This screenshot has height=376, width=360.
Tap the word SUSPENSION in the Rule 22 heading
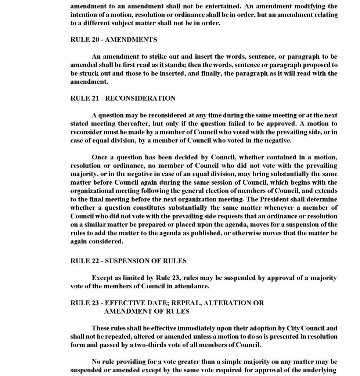tap(127, 261)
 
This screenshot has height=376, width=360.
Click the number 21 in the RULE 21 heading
tap(95, 98)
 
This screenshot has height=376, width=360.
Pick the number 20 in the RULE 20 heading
tap(95, 40)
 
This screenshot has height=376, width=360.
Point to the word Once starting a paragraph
tap(100, 158)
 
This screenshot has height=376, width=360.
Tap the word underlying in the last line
tap(324, 370)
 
